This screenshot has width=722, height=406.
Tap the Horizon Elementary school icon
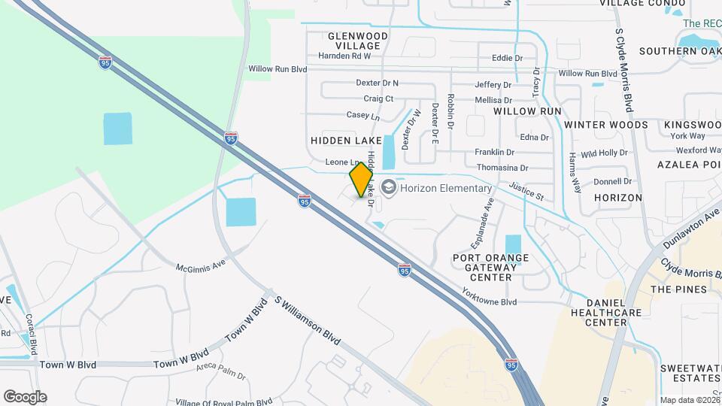point(388,186)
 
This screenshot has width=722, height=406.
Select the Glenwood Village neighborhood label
point(358,41)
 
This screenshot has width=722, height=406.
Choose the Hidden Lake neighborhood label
point(342,141)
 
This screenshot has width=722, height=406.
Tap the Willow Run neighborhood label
point(527,111)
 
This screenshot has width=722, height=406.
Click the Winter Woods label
point(605,125)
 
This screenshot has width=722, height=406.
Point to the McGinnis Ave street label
point(201,265)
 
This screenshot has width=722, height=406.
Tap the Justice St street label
point(526,192)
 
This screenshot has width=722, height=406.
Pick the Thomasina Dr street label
point(502,168)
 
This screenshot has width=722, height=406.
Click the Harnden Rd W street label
point(344,56)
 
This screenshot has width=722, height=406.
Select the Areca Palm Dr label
point(221,371)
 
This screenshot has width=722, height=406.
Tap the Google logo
point(24,396)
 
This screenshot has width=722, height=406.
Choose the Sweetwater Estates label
point(690,374)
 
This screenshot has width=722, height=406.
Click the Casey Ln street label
point(363,115)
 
